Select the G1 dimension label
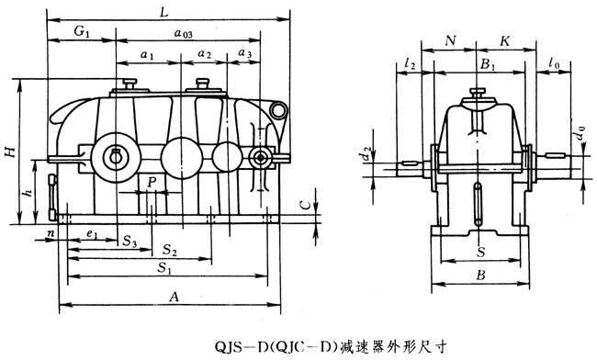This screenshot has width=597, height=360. point(82,31)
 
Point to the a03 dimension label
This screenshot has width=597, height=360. point(184,33)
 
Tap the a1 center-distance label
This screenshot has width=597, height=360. point(147,55)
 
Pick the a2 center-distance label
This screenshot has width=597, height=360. point(205,54)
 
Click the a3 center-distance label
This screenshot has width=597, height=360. point(245,53)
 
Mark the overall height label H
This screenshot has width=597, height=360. point(13,152)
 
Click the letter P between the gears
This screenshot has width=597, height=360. point(152,183)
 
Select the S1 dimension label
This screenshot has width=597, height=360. point(164,268)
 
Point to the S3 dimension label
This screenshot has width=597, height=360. point(130,242)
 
